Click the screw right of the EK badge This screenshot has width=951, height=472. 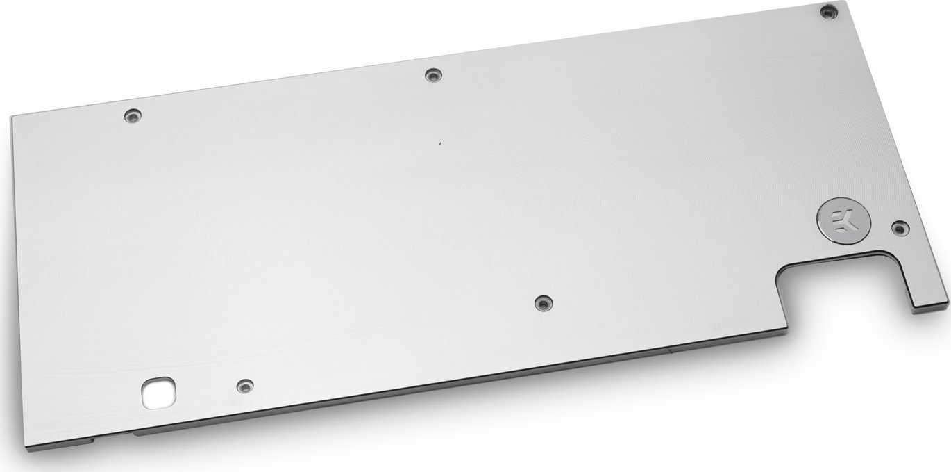(x=899, y=227)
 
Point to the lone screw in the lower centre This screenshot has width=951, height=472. (x=543, y=302)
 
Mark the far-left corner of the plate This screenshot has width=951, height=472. (x=12, y=117)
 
